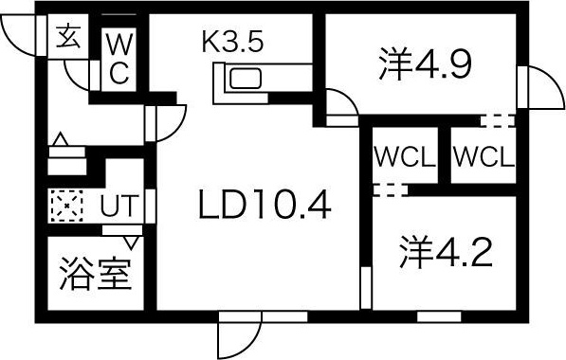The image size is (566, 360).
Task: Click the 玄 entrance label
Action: click(68, 39)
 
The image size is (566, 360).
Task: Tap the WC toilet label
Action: click(120, 58)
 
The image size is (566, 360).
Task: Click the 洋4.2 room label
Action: click(443, 253)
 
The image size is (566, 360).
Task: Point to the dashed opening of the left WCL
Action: click(389, 189)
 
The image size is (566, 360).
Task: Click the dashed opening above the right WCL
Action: click(497, 120)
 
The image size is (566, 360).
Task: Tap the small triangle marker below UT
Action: click(130, 242)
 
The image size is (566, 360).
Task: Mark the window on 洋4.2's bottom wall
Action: click(439, 313)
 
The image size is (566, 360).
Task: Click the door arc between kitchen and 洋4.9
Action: click(339, 102)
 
